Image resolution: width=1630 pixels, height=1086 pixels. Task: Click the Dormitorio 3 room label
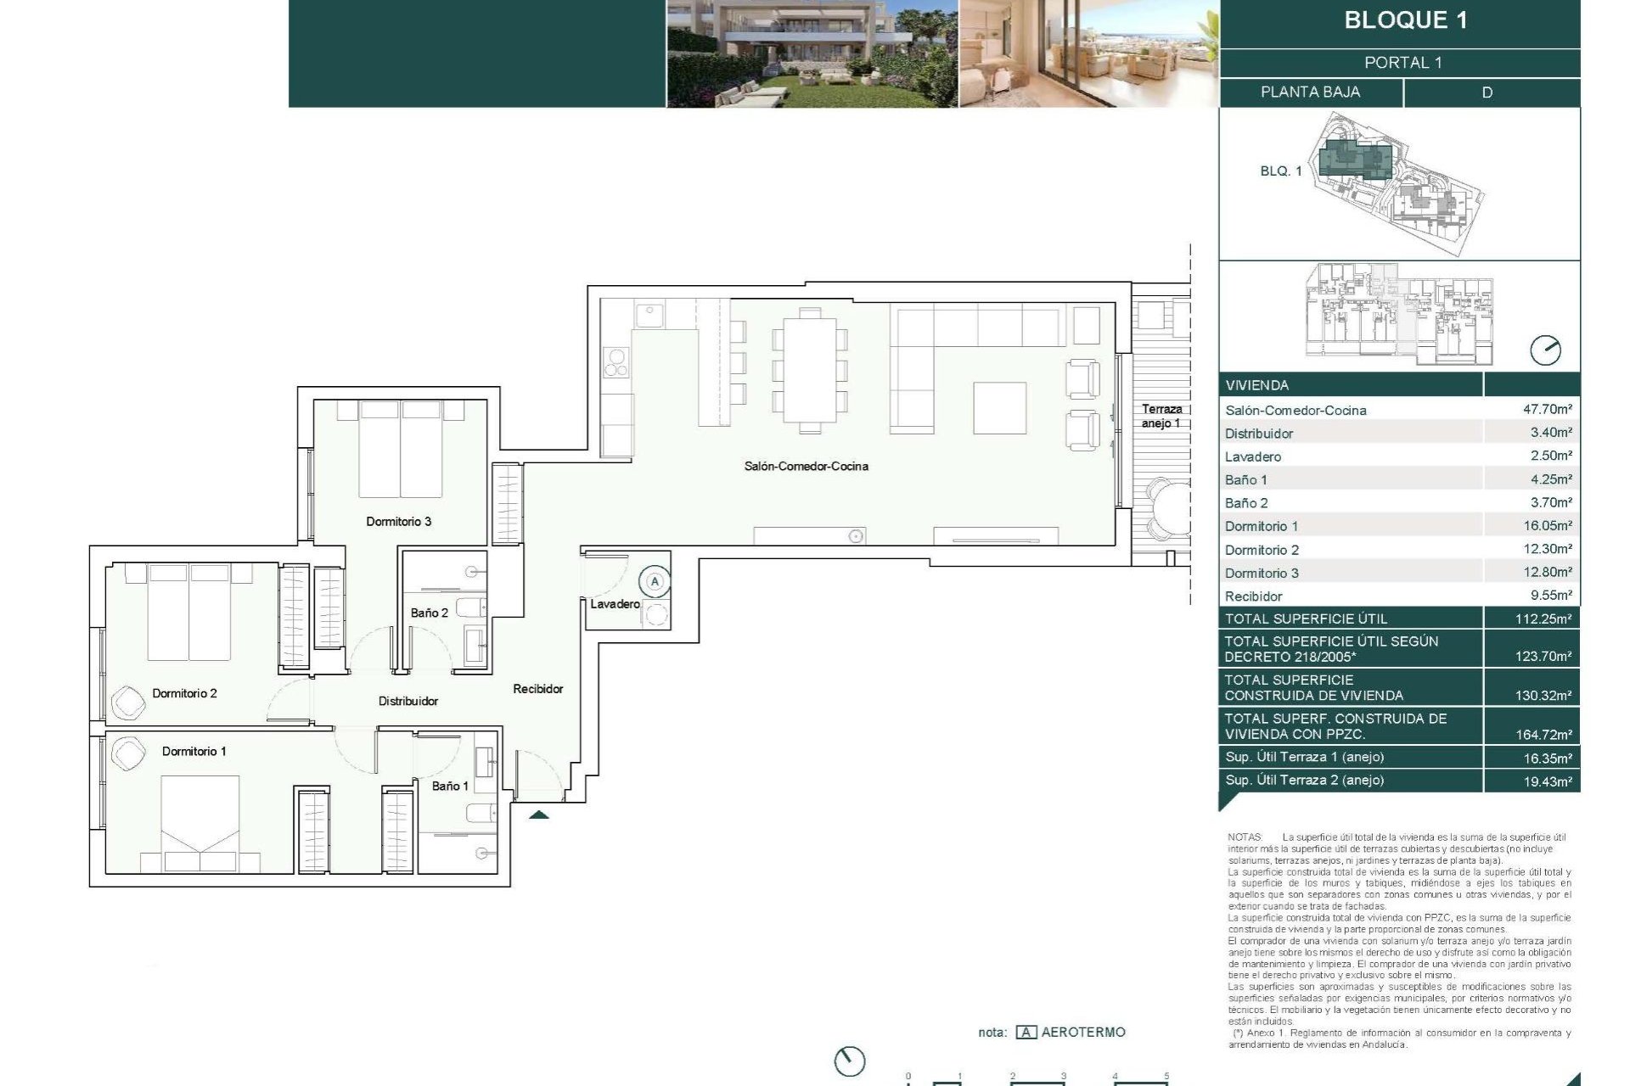(x=398, y=521)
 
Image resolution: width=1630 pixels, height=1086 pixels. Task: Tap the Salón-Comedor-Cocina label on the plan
(x=806, y=466)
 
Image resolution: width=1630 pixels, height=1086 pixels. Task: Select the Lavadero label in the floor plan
(x=615, y=604)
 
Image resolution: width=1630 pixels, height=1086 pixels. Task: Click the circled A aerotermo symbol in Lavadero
(x=655, y=582)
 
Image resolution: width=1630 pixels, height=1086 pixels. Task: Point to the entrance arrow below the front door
(x=539, y=814)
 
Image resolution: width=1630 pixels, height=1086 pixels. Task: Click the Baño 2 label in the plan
(x=429, y=613)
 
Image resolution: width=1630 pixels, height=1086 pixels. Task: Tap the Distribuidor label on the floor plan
(x=408, y=701)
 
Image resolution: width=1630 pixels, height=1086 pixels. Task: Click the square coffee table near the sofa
(x=999, y=408)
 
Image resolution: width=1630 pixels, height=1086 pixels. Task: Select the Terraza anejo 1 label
(x=1161, y=416)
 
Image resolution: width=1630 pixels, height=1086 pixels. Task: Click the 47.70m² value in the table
(x=1547, y=409)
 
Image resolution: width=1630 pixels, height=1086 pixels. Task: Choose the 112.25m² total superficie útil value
(x=1543, y=619)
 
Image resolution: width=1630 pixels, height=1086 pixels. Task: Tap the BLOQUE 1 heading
(x=1405, y=20)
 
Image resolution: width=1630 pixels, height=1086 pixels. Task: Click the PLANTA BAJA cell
(x=1310, y=92)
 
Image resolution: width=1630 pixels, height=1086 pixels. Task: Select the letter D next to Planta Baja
(x=1487, y=92)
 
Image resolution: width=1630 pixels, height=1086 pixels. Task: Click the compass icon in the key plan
(x=1544, y=350)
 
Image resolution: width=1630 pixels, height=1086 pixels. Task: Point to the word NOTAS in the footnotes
(x=1245, y=837)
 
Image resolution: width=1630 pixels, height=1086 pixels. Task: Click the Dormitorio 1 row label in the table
(x=1261, y=526)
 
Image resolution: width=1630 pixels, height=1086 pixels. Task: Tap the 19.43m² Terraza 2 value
(x=1547, y=781)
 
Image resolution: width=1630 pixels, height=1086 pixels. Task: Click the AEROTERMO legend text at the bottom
(x=1082, y=1032)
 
